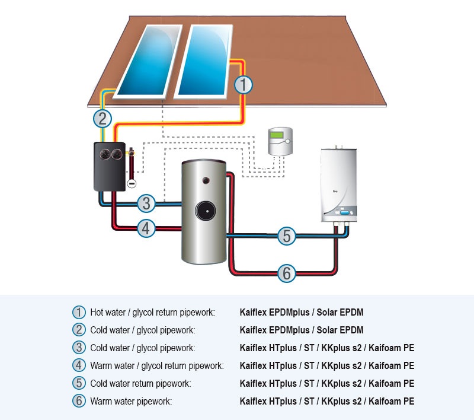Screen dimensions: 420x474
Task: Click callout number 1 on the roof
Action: [x=243, y=85]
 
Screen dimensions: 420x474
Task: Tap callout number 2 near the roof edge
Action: [x=103, y=118]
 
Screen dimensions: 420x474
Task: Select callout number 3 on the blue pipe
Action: [x=146, y=203]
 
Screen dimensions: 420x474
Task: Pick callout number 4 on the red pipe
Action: [x=146, y=228]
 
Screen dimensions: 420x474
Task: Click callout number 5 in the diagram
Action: [x=286, y=236]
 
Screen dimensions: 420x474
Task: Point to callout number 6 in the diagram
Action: [x=286, y=273]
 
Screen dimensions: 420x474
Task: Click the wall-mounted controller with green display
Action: [x=280, y=141]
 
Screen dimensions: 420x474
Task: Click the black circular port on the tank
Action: [x=207, y=211]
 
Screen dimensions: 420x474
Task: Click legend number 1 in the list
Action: [x=79, y=312]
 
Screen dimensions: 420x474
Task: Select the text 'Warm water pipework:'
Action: [x=131, y=402]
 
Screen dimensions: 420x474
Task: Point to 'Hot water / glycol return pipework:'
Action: [x=152, y=312]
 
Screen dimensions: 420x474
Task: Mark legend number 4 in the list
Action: [x=79, y=365]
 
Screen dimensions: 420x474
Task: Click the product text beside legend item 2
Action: [x=302, y=330]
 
